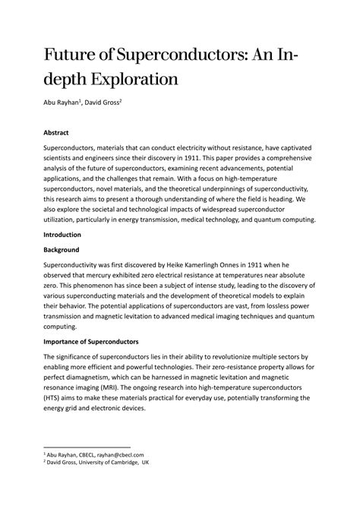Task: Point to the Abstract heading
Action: pyautogui.click(x=56, y=131)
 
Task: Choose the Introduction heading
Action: pyautogui.click(x=64, y=236)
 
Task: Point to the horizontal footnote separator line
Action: pyautogui.click(x=87, y=447)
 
